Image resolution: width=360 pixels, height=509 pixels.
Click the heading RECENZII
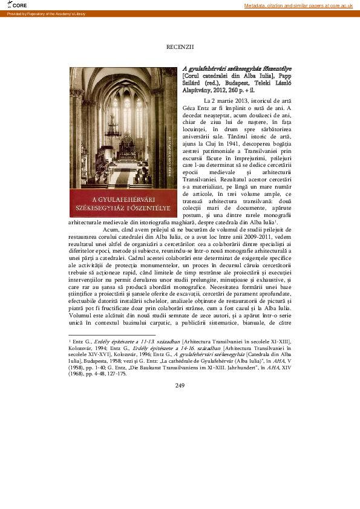[180, 47]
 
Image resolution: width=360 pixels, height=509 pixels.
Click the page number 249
[180, 368]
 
